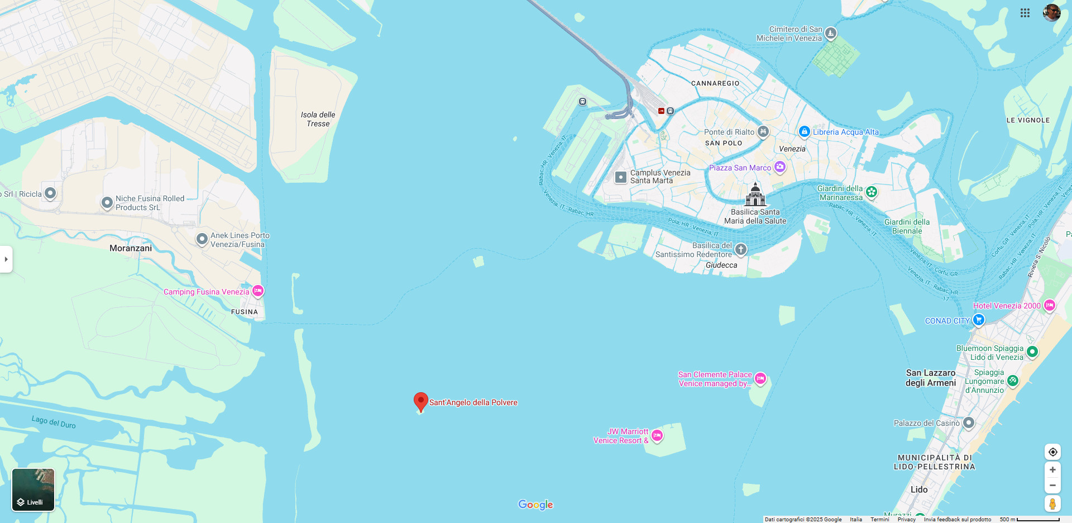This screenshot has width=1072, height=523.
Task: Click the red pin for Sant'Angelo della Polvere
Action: [x=421, y=401]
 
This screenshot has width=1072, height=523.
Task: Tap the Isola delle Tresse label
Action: [x=318, y=119]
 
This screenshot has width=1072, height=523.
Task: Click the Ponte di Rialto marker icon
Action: [x=763, y=132]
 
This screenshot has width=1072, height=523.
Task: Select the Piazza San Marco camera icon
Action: [x=780, y=167]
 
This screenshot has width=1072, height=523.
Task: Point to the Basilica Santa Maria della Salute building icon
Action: [x=755, y=195]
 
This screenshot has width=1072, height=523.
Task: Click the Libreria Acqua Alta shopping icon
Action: [x=804, y=132]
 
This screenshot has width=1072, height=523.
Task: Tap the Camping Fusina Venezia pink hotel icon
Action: [x=258, y=291]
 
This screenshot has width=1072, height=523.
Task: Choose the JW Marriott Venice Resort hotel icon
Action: [x=657, y=435]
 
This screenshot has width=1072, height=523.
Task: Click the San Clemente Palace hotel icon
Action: [x=760, y=378]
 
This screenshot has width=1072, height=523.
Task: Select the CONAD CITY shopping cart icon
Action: [x=978, y=320]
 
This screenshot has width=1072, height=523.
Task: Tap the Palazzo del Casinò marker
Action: [x=969, y=423]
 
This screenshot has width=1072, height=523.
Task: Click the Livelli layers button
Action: [x=33, y=489]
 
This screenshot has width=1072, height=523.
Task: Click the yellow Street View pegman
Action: [x=1052, y=503]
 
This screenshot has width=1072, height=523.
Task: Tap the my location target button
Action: [x=1052, y=452]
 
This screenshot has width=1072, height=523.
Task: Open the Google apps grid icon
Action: [x=1025, y=13]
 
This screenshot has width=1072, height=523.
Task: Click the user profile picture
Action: [x=1052, y=13]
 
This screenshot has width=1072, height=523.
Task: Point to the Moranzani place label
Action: [x=131, y=248]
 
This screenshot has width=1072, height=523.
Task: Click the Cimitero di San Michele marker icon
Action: [x=831, y=34]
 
